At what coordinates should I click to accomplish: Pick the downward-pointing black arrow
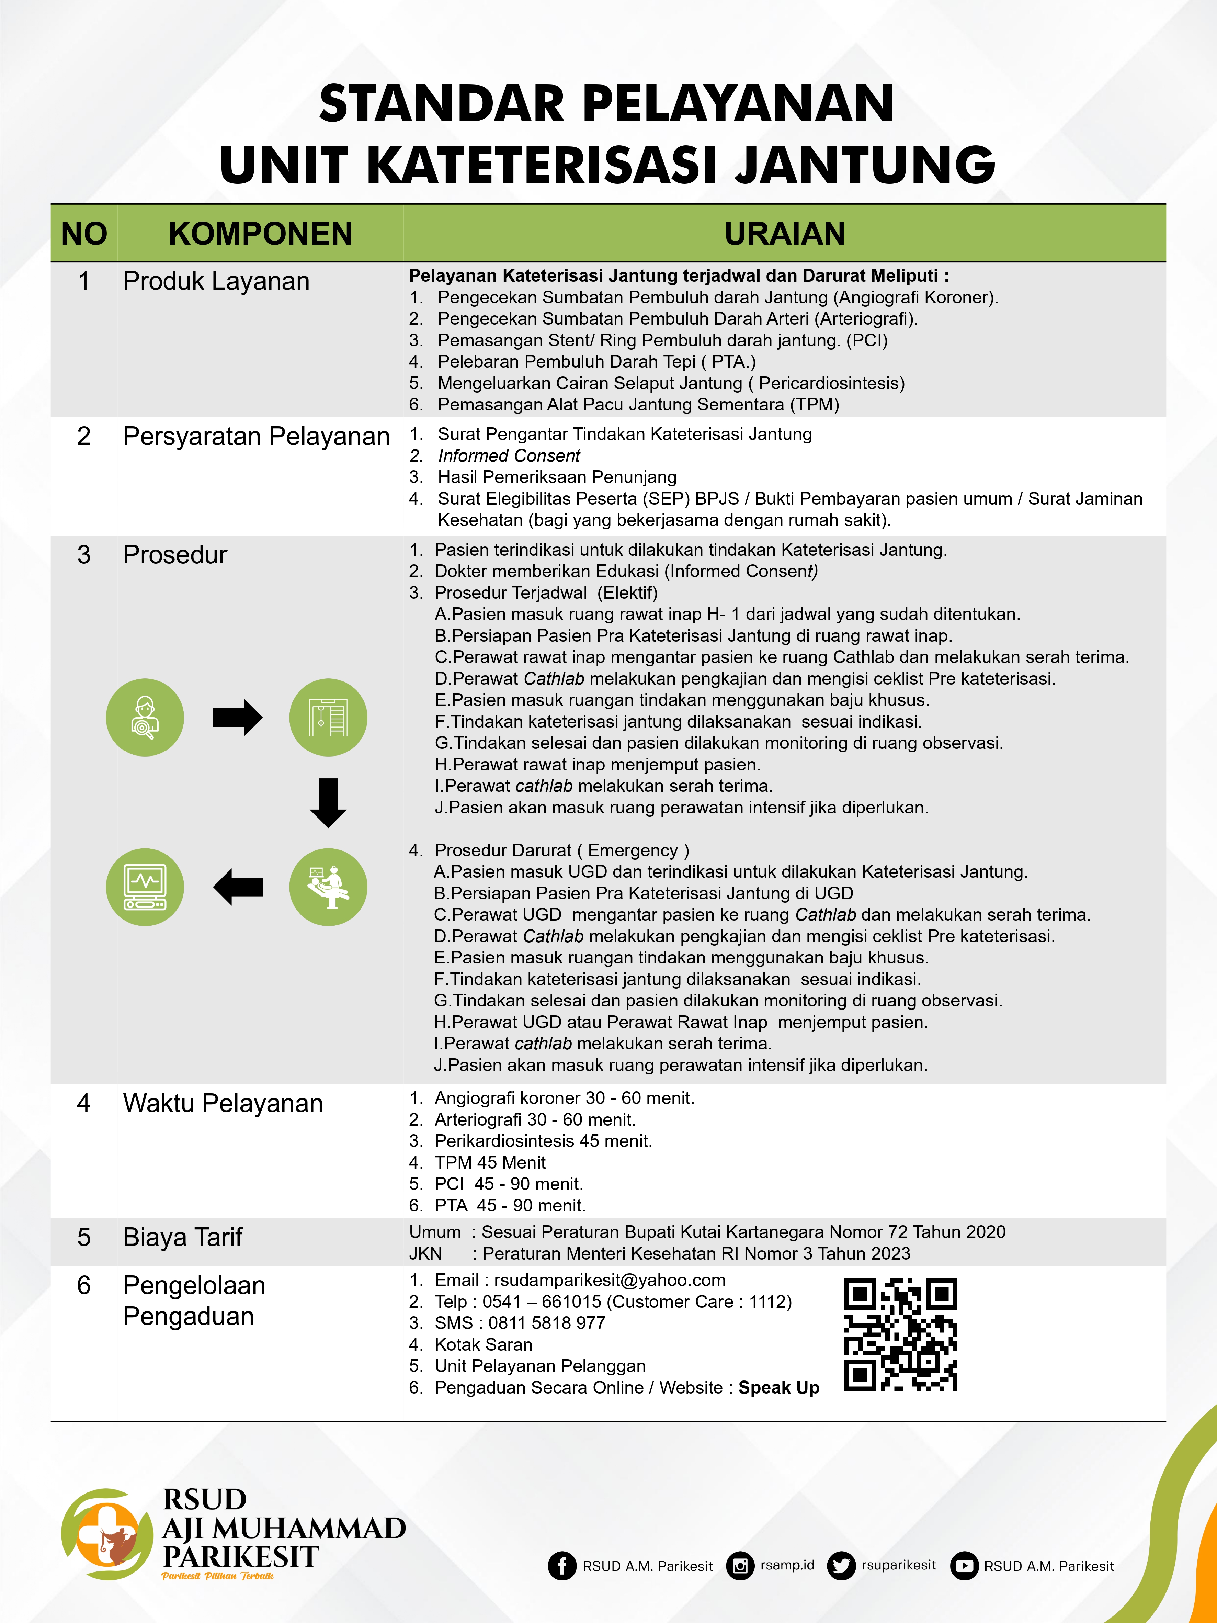(328, 803)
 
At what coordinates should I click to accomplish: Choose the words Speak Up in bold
(778, 1387)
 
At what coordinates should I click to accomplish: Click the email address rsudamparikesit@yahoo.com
(610, 1280)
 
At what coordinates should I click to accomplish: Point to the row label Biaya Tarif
(183, 1237)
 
